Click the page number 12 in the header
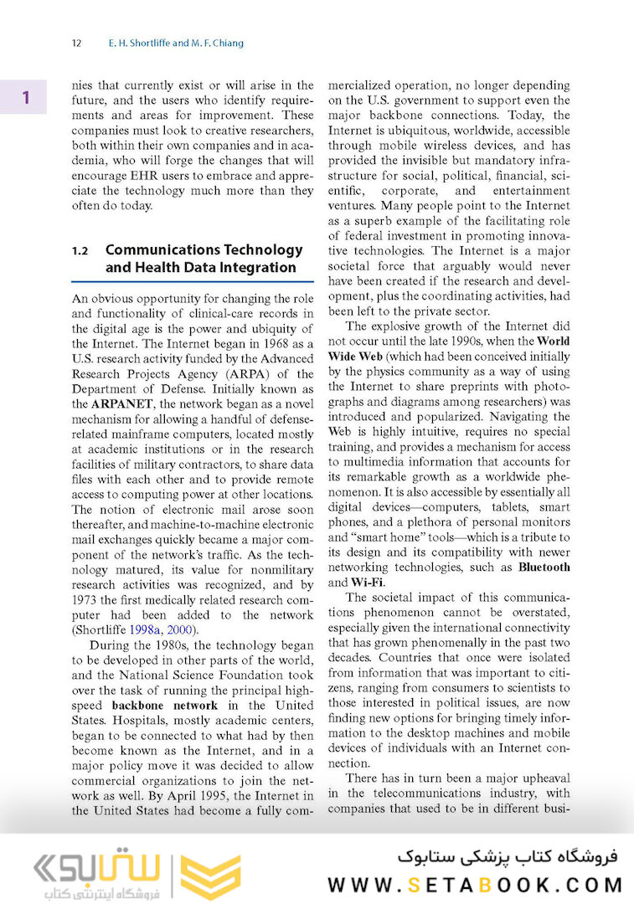pyautogui.click(x=76, y=44)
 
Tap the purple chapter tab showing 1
pyautogui.click(x=25, y=97)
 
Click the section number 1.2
pyautogui.click(x=80, y=250)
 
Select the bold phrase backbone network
pyautogui.click(x=164, y=705)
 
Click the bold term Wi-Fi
pyautogui.click(x=361, y=582)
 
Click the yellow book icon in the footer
pyautogui.click(x=210, y=876)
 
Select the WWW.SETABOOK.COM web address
pyautogui.click(x=475, y=885)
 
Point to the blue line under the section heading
pyautogui.click(x=192, y=281)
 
